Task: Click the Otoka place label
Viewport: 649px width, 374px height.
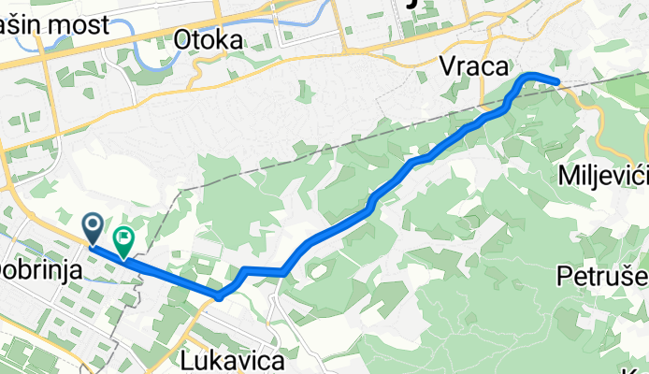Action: (209, 39)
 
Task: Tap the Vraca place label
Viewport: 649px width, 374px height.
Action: (476, 66)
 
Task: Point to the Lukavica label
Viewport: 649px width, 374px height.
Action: (221, 359)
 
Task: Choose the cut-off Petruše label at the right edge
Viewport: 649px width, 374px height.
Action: (603, 276)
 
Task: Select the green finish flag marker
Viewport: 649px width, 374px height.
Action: (123, 240)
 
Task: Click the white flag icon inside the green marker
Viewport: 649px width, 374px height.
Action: (123, 237)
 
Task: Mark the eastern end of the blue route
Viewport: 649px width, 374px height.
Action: (557, 82)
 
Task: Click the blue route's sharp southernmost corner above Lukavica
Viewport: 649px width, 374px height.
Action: (219, 296)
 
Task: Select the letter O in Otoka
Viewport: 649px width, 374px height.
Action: (183, 39)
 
